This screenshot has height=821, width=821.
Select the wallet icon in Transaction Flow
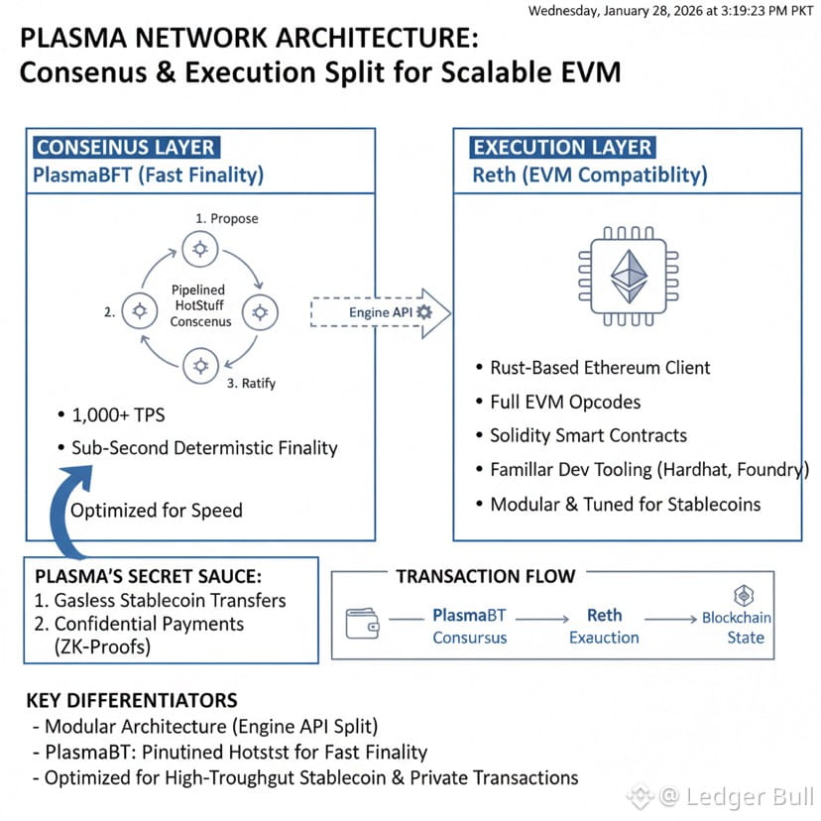(362, 625)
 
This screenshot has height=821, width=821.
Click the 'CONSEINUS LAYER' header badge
(124, 148)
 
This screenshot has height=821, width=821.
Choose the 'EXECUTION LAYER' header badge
(562, 148)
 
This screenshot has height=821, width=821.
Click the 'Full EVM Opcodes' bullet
(565, 402)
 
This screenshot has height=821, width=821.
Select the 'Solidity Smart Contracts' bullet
(588, 435)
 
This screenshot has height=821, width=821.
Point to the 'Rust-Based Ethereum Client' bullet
(600, 368)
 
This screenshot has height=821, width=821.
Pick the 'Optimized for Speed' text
(156, 511)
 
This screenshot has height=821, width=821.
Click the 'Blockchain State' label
(737, 627)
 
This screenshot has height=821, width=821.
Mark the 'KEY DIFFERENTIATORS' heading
(131, 700)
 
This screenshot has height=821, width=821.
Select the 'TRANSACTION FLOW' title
(485, 576)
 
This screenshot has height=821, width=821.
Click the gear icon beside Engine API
(425, 312)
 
